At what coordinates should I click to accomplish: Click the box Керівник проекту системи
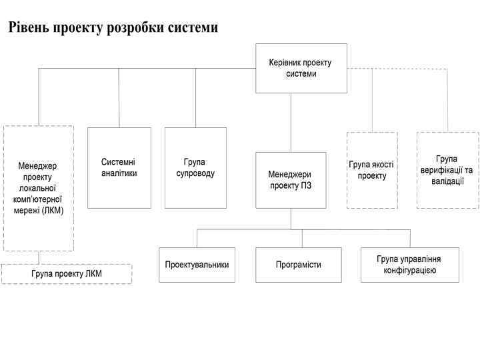pyautogui.click(x=301, y=68)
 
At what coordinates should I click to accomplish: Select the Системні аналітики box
pyautogui.click(x=119, y=167)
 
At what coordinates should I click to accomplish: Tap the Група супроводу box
pyautogui.click(x=195, y=167)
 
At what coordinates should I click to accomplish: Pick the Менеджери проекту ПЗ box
pyautogui.click(x=291, y=179)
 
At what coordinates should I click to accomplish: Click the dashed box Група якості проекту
pyautogui.click(x=372, y=170)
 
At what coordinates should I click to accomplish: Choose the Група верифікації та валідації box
pyautogui.click(x=447, y=170)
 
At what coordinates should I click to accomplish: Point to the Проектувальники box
pyautogui.click(x=197, y=265)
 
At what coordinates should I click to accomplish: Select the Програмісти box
pyautogui.click(x=299, y=265)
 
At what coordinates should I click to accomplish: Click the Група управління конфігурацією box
pyautogui.click(x=410, y=265)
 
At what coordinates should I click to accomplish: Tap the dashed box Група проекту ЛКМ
pyautogui.click(x=67, y=274)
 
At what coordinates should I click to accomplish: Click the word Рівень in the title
pyautogui.click(x=28, y=28)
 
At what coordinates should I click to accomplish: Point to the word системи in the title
pyautogui.click(x=193, y=28)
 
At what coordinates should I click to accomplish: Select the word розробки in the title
pyautogui.click(x=135, y=28)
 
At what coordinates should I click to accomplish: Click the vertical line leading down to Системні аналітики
pyautogui.click(x=119, y=97)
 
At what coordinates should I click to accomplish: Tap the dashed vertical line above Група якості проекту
pyautogui.click(x=372, y=100)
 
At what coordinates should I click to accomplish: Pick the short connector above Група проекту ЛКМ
pyautogui.click(x=39, y=257)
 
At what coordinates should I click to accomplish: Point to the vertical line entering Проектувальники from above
pyautogui.click(x=197, y=238)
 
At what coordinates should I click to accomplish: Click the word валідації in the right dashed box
pyautogui.click(x=447, y=181)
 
